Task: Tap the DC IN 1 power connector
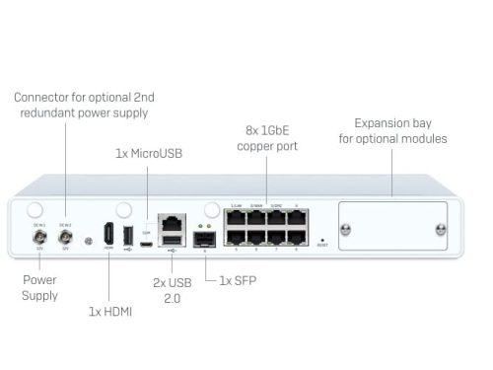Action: tap(40, 237)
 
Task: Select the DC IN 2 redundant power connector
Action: tap(66, 237)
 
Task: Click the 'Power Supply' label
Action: tap(40, 287)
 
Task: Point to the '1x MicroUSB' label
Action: tap(148, 153)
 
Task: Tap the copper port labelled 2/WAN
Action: tap(256, 219)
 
